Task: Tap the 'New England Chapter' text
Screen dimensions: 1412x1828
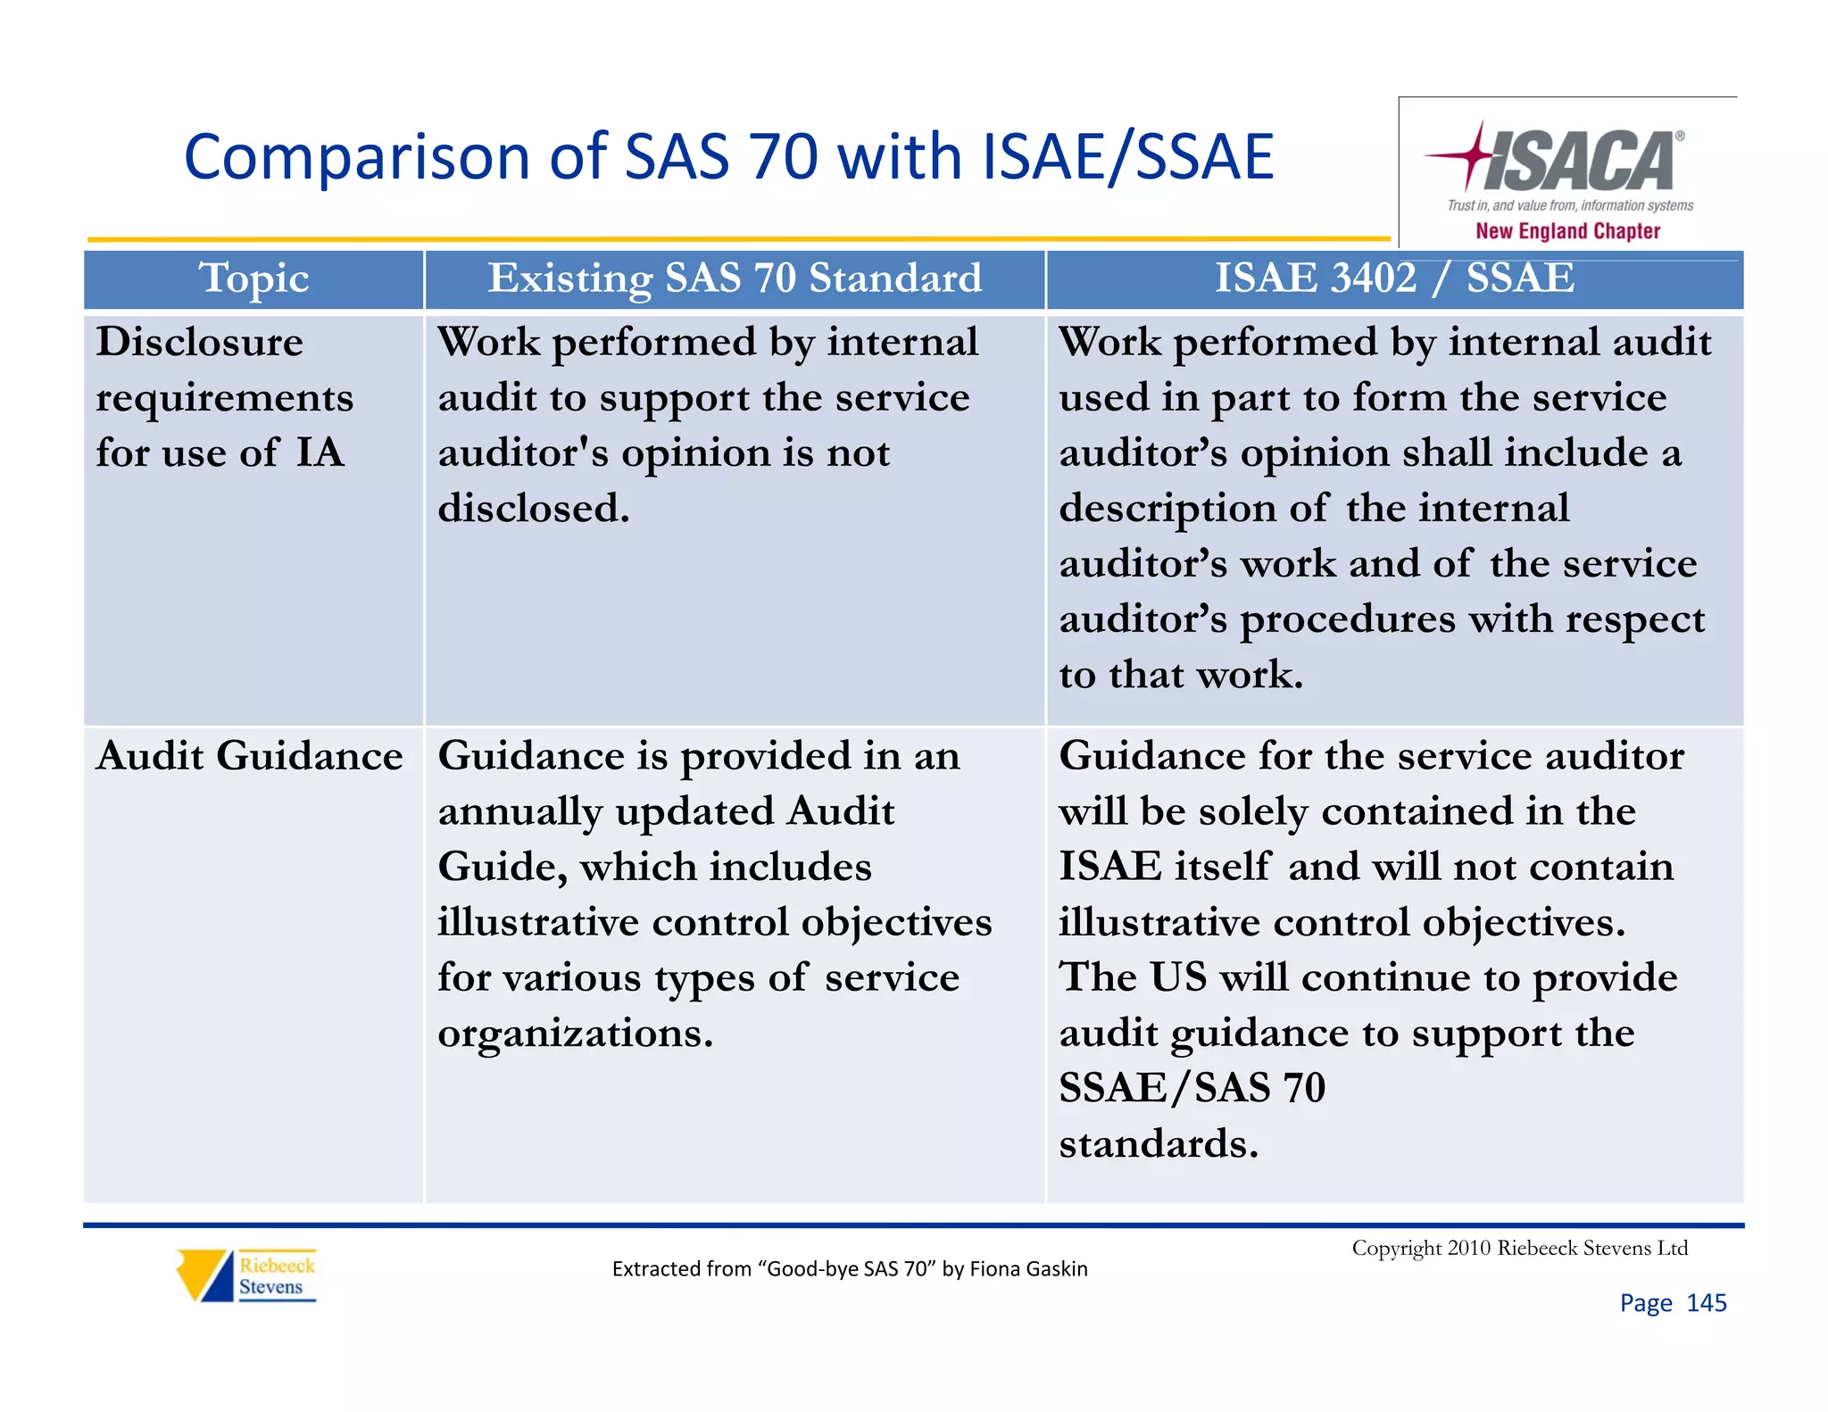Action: (x=1567, y=231)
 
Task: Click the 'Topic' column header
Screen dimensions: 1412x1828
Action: (x=254, y=278)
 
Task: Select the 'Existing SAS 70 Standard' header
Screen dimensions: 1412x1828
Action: (x=735, y=278)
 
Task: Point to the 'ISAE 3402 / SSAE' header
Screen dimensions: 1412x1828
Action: (x=1394, y=278)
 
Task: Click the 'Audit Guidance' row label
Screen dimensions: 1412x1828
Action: (x=250, y=757)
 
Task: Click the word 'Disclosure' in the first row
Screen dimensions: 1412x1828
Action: (x=200, y=343)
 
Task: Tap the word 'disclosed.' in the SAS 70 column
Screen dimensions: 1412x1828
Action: (x=534, y=509)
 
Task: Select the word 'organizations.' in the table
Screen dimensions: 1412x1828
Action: (x=576, y=1034)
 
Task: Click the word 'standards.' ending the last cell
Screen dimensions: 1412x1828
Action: (x=1159, y=1144)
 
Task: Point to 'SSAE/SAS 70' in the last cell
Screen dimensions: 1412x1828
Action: (x=1192, y=1089)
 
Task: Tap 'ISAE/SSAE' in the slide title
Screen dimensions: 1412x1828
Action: (x=1127, y=157)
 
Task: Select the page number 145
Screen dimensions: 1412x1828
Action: (x=1706, y=1303)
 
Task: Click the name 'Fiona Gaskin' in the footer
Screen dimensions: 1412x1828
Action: (x=1028, y=1269)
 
